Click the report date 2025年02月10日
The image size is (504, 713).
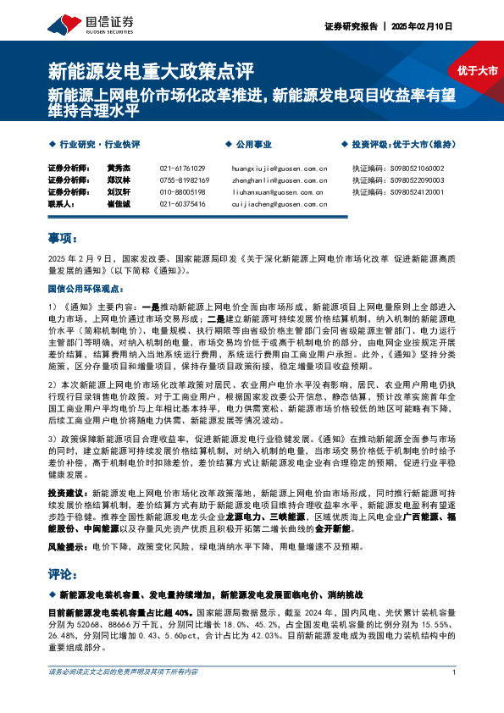(420, 26)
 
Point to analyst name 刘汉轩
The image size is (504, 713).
(119, 192)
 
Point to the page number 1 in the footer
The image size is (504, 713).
(455, 696)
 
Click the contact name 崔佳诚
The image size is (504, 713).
(119, 204)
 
